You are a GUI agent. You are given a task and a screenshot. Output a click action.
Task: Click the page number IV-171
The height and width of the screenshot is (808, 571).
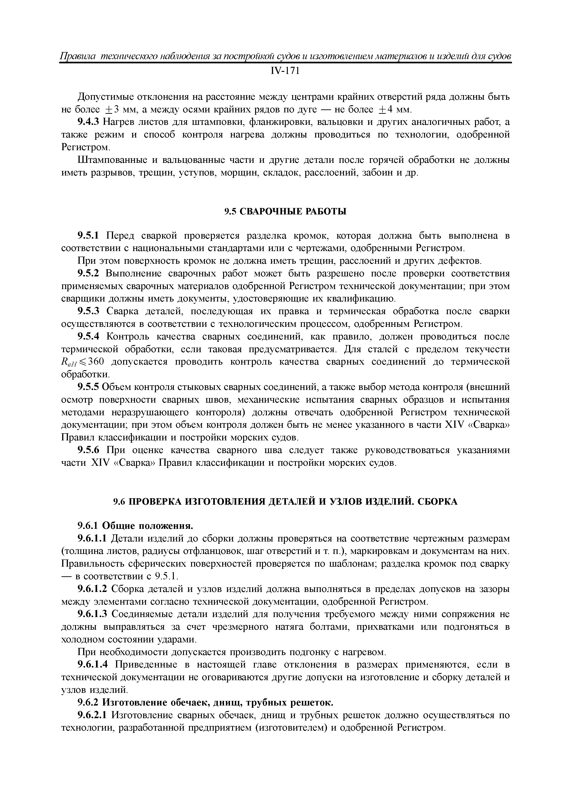coord(285,71)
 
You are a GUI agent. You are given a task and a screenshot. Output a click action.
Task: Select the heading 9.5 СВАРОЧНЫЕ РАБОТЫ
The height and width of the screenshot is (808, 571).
coord(285,211)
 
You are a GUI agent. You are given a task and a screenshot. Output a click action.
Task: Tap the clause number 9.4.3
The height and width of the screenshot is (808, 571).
coord(89,122)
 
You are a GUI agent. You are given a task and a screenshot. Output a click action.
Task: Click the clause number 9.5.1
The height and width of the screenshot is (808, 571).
coord(89,235)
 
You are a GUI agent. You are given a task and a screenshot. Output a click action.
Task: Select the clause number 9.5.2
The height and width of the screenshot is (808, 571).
coord(89,273)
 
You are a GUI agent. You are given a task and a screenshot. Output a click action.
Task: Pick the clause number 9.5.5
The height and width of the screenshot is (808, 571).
coord(89,387)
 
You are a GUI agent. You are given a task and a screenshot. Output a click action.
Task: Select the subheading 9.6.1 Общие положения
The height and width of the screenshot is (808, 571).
coord(135,526)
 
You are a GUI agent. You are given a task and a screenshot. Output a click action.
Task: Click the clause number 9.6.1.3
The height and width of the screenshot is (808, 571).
coord(92,615)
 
